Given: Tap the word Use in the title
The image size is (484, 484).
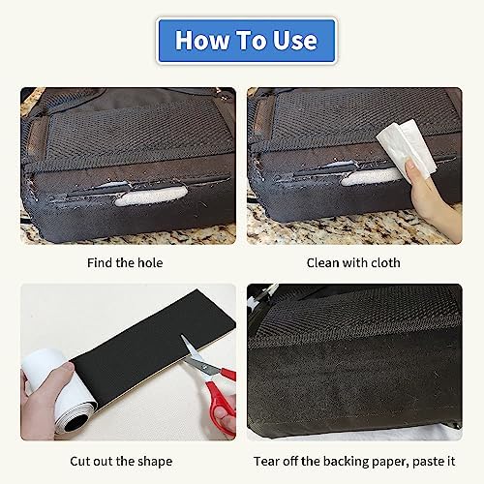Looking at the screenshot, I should (292, 41).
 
